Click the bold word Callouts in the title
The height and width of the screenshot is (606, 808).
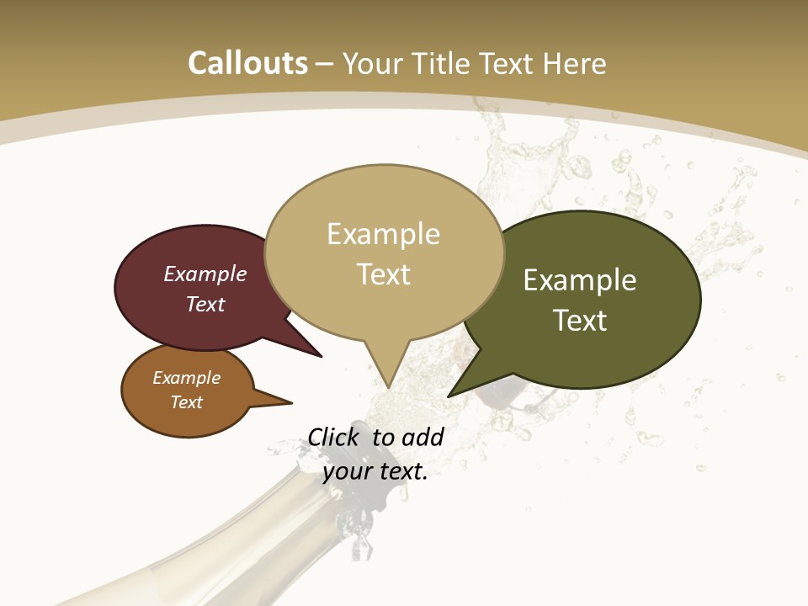tap(247, 63)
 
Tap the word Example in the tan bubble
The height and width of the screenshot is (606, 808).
tap(383, 233)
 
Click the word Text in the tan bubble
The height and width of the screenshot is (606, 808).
tap(383, 274)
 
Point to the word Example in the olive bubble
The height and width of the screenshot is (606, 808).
tap(579, 279)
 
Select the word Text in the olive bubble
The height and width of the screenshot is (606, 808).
tap(580, 320)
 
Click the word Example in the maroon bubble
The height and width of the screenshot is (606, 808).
tap(205, 274)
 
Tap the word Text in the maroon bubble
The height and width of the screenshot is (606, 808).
tap(205, 304)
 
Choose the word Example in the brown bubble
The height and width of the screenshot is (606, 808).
tap(186, 378)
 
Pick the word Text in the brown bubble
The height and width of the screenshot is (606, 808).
tap(186, 402)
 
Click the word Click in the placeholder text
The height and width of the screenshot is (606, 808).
tap(335, 437)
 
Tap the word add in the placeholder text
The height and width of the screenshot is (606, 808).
tap(423, 437)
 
